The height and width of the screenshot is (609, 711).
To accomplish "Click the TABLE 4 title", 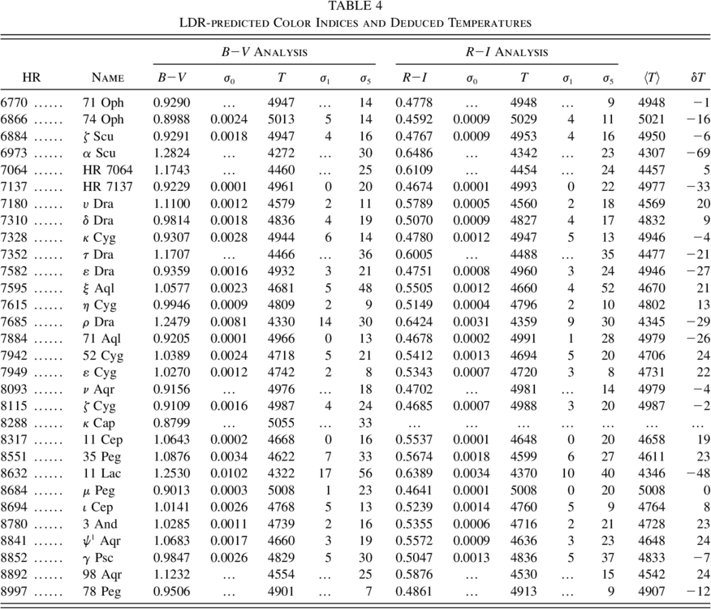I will pyautogui.click(x=355, y=6).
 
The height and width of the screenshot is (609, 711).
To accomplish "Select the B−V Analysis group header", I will pyautogui.click(x=264, y=52).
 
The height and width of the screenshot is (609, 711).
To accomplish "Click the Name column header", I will pyautogui.click(x=107, y=79).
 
